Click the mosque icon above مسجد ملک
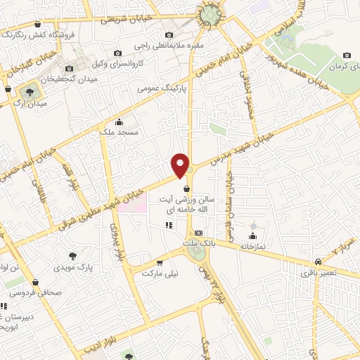click(x=117, y=120)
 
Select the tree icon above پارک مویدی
click(x=72, y=256)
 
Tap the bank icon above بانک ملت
click(x=198, y=233)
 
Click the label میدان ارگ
click(x=31, y=103)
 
